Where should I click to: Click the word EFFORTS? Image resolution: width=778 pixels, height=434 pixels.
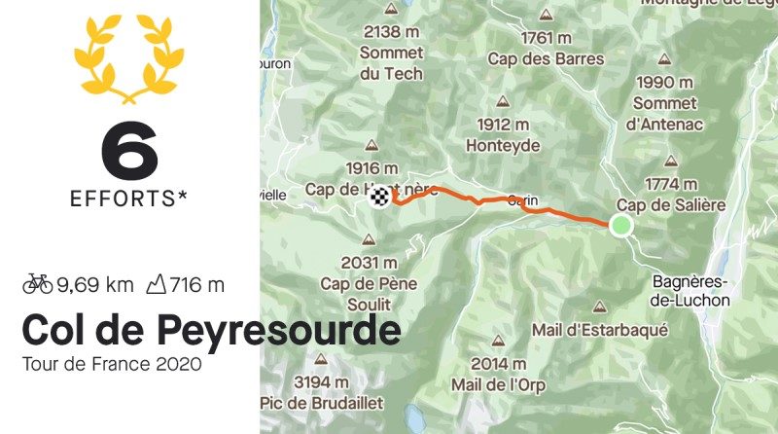tap(123, 199)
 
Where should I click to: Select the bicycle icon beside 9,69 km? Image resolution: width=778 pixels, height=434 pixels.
tap(37, 284)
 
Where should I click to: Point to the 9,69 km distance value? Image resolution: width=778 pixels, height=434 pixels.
tap(94, 285)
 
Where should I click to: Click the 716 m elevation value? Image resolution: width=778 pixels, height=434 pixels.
tap(196, 285)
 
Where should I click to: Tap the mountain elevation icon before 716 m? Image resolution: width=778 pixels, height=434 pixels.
tap(156, 284)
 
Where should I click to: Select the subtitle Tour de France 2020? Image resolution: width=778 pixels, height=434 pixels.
tap(112, 366)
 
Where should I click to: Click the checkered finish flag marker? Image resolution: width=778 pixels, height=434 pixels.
tap(383, 198)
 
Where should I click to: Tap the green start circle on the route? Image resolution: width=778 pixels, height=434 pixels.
tap(620, 226)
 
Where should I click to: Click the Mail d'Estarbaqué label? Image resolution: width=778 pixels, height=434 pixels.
tap(600, 329)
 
